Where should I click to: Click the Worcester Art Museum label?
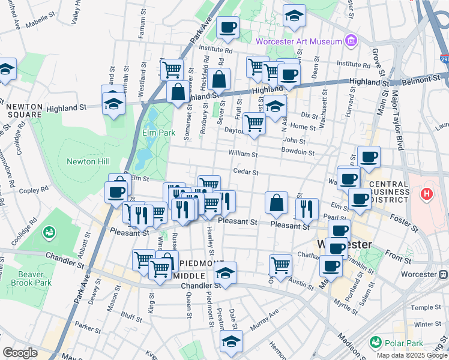point(298,41)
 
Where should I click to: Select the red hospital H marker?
point(427,194)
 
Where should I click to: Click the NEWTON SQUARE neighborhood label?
point(24,110)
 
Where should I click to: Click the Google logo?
point(20,353)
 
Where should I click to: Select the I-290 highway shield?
point(444,61)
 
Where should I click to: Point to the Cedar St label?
point(246,172)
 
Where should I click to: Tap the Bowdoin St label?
point(298,153)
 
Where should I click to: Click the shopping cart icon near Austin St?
point(280,264)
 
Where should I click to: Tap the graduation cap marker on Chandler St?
point(225,272)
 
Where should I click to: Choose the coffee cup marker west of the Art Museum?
point(228,27)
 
